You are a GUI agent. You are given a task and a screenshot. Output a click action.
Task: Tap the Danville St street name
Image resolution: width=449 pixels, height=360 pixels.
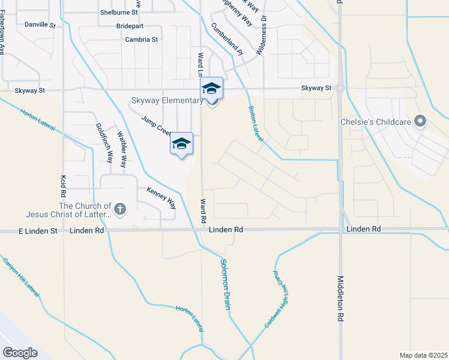click(40, 25)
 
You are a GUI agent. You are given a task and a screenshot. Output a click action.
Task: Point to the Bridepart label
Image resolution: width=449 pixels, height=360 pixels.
click(130, 26)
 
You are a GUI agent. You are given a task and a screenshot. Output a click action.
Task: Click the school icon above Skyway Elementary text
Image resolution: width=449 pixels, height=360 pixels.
click(211, 88)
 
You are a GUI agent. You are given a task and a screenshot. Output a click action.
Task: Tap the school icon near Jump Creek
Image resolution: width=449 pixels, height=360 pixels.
click(182, 143)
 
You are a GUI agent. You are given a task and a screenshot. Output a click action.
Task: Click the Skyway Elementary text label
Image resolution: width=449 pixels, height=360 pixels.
click(167, 100)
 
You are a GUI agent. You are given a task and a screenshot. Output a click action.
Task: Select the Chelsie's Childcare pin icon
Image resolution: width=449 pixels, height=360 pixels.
click(420, 121)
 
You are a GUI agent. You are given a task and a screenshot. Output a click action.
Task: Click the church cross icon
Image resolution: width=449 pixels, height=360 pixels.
click(120, 209)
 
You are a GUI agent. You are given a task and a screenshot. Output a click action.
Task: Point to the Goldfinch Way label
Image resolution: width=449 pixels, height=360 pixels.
click(104, 143)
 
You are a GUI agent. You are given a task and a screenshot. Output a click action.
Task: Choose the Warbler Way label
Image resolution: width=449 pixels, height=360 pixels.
click(122, 149)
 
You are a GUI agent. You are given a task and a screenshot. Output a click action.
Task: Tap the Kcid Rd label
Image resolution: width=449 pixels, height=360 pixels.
click(62, 187)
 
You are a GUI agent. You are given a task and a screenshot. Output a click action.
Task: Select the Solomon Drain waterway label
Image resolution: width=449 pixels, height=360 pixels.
click(225, 284)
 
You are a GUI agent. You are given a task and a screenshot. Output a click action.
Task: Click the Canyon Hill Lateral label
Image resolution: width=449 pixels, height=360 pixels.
click(21, 278)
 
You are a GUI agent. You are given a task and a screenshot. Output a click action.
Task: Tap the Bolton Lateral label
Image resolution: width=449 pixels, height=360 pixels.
click(256, 124)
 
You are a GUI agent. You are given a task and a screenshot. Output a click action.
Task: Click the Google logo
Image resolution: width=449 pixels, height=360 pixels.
click(20, 352)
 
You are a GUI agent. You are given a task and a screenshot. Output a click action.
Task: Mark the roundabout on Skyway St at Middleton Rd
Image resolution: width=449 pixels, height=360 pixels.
click(340, 88)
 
